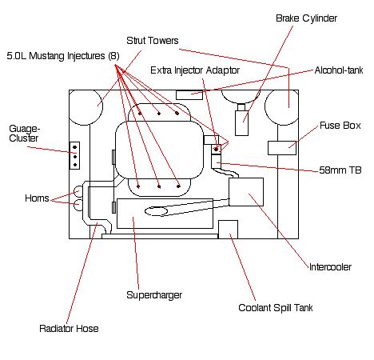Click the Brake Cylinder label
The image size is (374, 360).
click(x=306, y=18)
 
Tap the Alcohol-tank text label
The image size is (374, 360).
click(x=339, y=70)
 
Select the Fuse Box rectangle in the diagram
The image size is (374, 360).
click(x=282, y=148)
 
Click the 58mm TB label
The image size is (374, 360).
click(x=340, y=170)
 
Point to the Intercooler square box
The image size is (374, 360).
click(x=246, y=192)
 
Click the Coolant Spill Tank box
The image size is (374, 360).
click(x=228, y=230)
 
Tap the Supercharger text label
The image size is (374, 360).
click(x=154, y=295)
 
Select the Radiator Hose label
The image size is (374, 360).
click(x=69, y=328)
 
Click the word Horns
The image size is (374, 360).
click(x=37, y=198)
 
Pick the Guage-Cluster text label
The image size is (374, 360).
click(x=25, y=134)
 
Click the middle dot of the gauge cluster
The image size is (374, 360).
click(x=75, y=157)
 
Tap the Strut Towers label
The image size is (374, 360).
click(x=153, y=41)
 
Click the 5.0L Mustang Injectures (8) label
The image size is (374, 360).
click(x=63, y=56)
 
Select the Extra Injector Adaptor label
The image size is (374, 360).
click(x=195, y=70)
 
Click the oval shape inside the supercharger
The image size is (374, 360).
click(x=156, y=211)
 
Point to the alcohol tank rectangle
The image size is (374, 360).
click(x=189, y=95)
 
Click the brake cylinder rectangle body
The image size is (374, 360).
click(x=242, y=123)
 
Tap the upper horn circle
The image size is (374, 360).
click(x=78, y=191)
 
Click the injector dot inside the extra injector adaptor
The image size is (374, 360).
click(x=216, y=150)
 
